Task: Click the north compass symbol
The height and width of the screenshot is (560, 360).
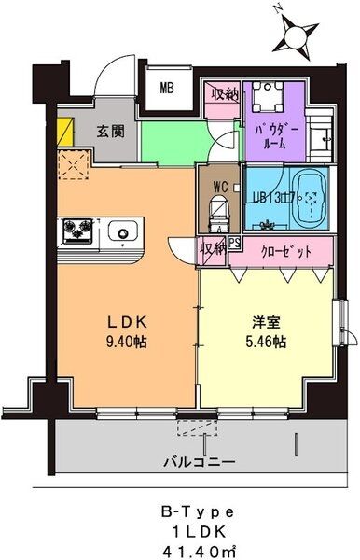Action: pyautogui.click(x=298, y=35)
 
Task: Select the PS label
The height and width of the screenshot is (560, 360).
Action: pyautogui.click(x=234, y=244)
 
